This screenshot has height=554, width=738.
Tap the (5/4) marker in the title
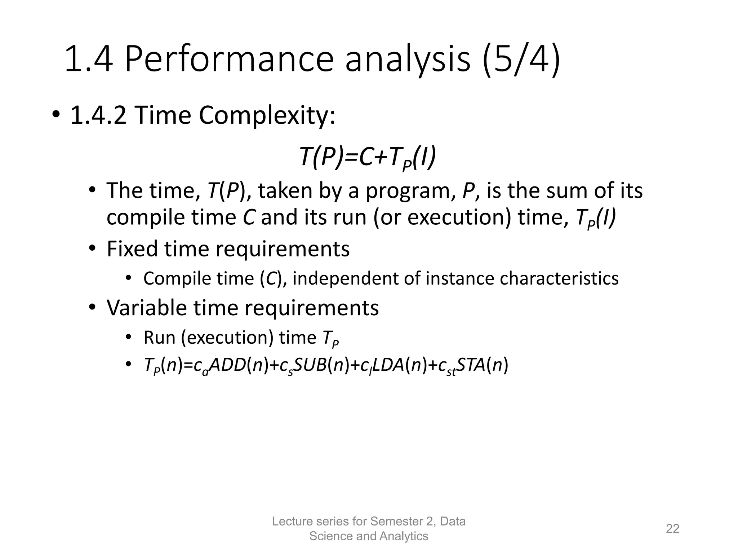(x=521, y=60)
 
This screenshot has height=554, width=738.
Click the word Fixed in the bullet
(x=132, y=249)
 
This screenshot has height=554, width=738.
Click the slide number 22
(x=672, y=528)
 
